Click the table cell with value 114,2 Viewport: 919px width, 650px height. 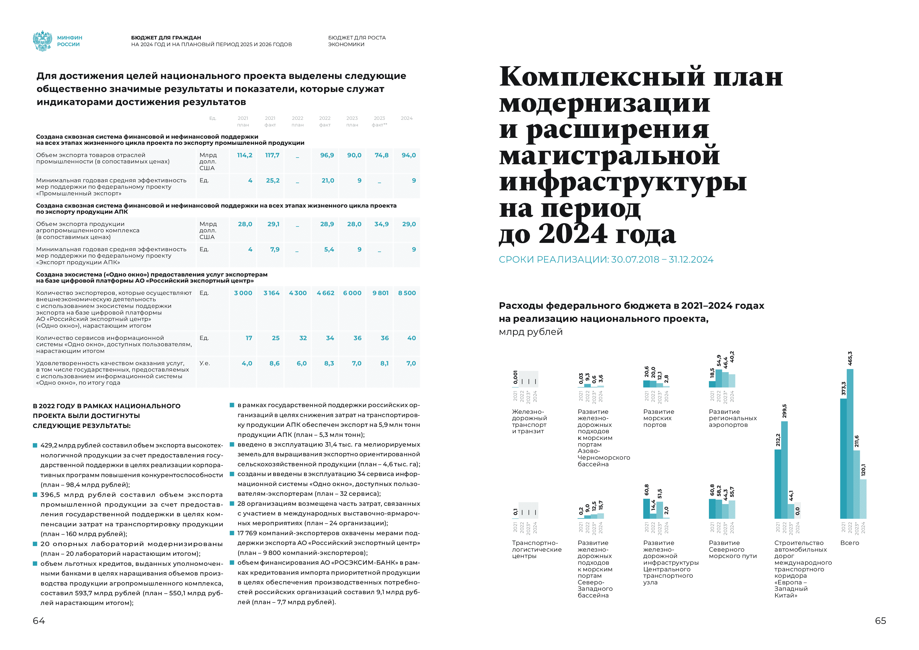245,155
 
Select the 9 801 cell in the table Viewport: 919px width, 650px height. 380,293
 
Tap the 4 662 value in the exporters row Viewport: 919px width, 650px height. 325,293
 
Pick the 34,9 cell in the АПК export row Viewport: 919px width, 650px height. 382,224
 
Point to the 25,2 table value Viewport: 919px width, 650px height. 273,181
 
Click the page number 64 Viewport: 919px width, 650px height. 39,621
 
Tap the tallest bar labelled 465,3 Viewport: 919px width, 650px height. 850,444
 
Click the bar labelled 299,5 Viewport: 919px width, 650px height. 784,470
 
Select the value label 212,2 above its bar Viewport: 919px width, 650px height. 778,440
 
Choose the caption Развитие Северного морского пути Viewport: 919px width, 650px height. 733,549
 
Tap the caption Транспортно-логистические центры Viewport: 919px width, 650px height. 537,549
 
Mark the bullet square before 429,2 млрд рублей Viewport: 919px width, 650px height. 35,445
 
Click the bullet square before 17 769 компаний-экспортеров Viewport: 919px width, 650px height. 232,533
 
